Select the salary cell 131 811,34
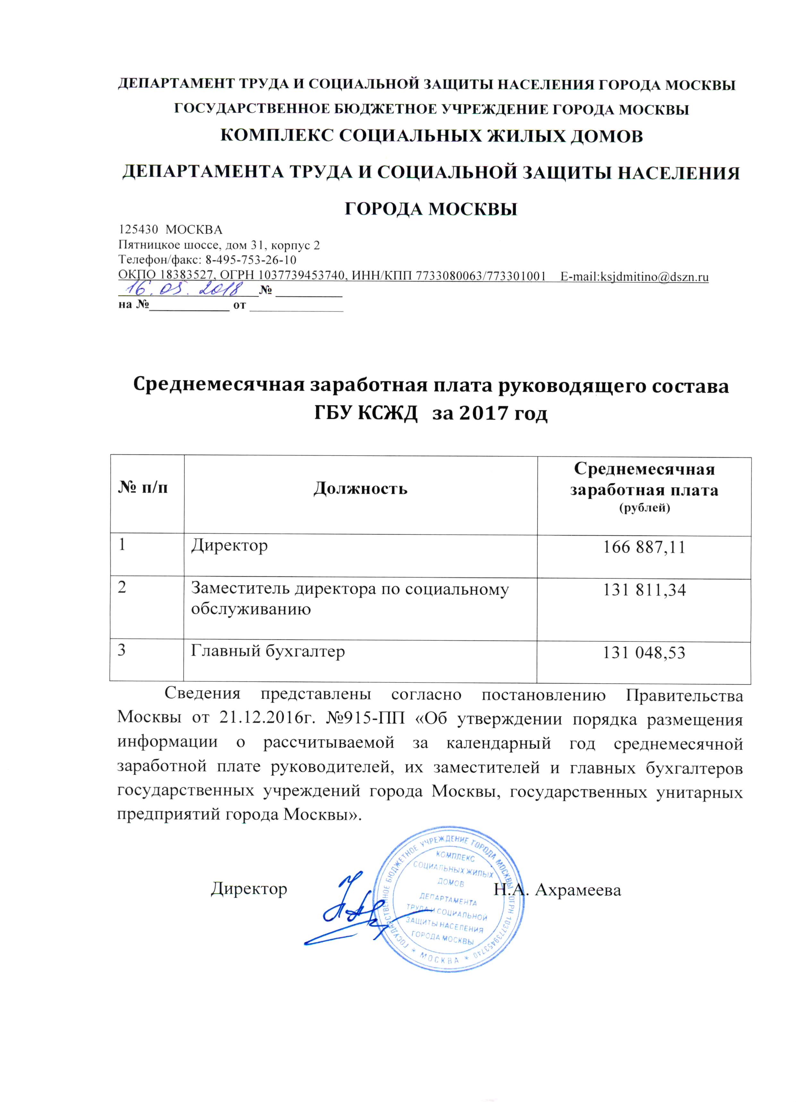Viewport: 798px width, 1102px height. (x=644, y=590)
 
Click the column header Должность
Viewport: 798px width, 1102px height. (x=360, y=488)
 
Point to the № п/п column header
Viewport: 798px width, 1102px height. (x=143, y=487)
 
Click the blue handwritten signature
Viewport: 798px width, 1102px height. (x=348, y=909)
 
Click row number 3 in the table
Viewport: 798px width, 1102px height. (x=122, y=650)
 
